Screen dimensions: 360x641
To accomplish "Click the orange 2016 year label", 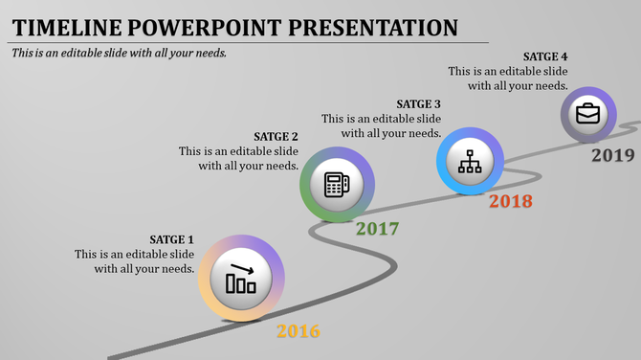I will point(298,332).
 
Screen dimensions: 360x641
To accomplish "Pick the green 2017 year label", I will point(377,230).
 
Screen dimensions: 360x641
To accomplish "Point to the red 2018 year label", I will point(510,202).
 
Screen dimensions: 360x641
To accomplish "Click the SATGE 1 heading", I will point(171,239).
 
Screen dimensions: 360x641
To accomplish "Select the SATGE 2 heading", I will point(276,137).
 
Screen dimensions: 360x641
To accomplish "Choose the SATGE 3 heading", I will point(418,104).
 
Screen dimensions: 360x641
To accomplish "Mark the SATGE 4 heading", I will point(546,56).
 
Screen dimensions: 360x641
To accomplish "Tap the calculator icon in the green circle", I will point(337,184).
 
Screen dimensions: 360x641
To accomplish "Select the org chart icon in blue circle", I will point(470,161).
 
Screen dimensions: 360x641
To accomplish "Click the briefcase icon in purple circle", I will point(587,114).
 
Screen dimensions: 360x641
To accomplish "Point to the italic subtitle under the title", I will point(120,53).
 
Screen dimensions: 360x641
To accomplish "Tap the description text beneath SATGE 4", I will point(508,79).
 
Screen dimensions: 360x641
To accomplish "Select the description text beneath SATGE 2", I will point(239,159).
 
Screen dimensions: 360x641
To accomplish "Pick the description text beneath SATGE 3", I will point(381,126).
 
